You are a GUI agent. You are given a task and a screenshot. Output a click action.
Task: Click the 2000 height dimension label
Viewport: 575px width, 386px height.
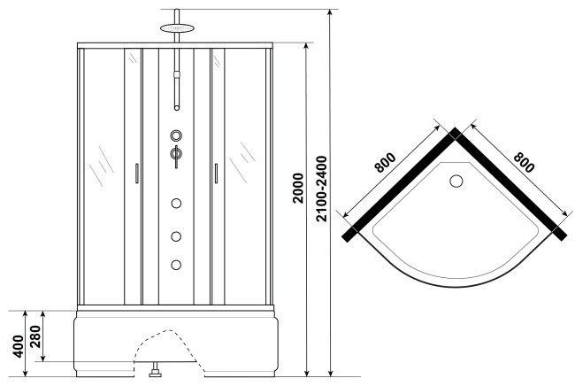point(298,189)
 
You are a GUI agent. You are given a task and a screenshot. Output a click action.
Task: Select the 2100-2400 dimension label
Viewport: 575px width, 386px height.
point(321,189)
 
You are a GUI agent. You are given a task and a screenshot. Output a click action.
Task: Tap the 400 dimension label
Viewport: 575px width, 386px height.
point(18,346)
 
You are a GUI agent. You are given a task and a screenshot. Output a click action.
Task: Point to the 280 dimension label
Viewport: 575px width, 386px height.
point(35,336)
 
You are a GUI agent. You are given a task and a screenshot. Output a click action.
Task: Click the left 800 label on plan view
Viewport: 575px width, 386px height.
point(385,163)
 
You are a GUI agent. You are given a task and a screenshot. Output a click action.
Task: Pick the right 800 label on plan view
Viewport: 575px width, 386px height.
point(524,162)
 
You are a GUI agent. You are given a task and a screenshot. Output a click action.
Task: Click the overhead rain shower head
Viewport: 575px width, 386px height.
point(177,28)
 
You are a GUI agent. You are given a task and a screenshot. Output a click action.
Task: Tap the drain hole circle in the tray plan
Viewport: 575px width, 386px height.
point(456,181)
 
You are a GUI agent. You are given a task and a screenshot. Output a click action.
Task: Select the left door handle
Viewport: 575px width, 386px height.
point(137,174)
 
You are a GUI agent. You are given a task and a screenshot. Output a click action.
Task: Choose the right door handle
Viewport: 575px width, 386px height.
point(216,174)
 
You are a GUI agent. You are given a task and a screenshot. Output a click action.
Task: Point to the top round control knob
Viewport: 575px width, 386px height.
point(176,135)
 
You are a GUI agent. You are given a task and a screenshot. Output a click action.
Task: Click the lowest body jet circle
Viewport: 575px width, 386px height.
point(176,265)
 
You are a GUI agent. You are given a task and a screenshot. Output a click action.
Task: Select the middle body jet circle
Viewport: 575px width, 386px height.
point(176,236)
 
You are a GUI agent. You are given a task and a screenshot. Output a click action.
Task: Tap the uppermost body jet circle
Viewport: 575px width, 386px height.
point(176,204)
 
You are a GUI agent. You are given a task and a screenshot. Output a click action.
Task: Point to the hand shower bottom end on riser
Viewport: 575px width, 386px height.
point(177,108)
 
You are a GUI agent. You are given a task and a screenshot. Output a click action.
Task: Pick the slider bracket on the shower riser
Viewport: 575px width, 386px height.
point(177,74)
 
